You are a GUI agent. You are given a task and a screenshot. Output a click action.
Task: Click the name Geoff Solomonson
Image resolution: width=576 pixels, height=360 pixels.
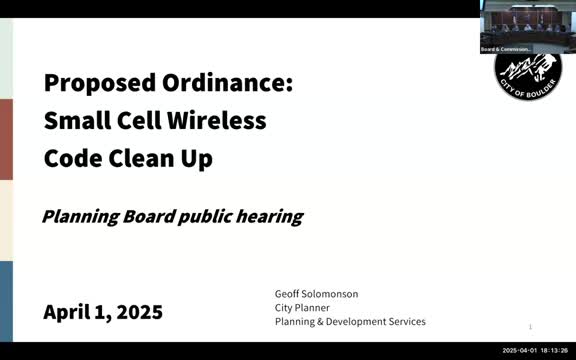[316, 294]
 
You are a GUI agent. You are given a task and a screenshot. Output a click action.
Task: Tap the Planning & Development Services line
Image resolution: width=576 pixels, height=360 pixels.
[350, 322]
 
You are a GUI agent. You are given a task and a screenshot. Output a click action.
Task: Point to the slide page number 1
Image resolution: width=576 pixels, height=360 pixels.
[530, 327]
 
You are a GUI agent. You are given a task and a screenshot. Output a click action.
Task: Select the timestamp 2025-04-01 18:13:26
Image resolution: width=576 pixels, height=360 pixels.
[535, 351]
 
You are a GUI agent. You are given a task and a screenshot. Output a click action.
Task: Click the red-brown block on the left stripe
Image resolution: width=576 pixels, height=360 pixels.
[6, 139]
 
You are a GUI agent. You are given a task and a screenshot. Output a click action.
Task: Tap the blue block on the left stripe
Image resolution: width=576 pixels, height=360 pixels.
[6, 301]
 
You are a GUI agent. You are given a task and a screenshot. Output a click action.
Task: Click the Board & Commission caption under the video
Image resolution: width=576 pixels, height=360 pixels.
[505, 48]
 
